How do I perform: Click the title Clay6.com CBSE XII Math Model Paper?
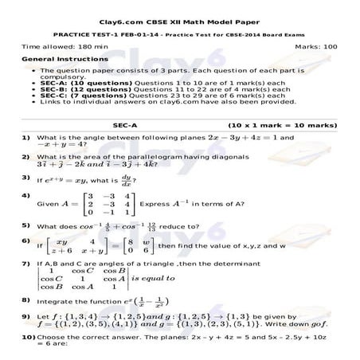(x=179, y=10)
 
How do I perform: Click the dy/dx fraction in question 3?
(x=124, y=181)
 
